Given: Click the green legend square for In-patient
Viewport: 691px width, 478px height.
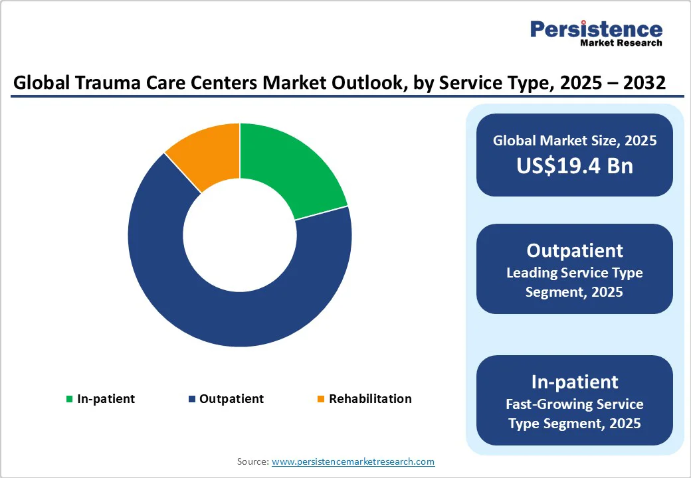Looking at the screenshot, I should (69, 399).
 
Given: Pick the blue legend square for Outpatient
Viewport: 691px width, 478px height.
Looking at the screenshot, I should (192, 399).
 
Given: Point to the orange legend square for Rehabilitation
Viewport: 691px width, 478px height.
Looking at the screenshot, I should (321, 399).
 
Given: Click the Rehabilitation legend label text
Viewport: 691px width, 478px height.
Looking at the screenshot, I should (370, 399).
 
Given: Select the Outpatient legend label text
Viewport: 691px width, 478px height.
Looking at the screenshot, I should (231, 399).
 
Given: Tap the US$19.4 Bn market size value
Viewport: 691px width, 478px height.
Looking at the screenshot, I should (575, 165).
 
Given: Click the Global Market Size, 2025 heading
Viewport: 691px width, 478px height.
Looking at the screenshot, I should (575, 140).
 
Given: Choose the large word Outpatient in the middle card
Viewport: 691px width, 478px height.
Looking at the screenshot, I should (575, 250).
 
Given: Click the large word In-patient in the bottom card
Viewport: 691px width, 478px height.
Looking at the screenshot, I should (575, 382).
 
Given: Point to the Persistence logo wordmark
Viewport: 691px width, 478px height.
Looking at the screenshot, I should (596, 29).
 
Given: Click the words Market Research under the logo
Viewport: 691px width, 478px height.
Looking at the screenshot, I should (621, 43).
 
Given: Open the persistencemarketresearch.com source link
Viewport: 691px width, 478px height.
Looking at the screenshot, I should (353, 461).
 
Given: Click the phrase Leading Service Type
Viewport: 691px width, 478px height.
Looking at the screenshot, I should (575, 273).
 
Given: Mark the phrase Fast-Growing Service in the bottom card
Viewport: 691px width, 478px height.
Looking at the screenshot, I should (575, 404).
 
